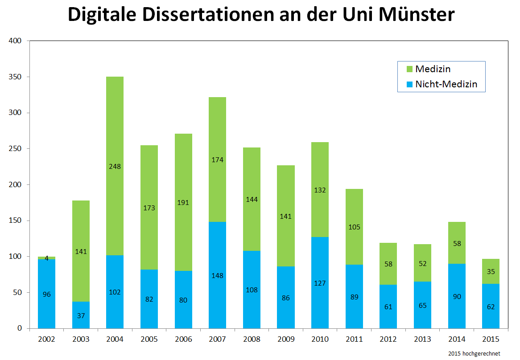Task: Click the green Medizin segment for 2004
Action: [115, 134]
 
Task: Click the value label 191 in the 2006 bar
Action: [183, 202]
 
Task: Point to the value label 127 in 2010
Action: [320, 282]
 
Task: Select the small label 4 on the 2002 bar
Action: [46, 258]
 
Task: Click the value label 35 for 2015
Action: [491, 271]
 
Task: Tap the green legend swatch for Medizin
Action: [409, 69]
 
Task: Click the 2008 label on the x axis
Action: [252, 340]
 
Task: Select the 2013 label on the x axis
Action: [422, 340]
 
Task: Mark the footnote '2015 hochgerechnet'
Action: [475, 353]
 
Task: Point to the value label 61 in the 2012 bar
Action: [388, 307]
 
